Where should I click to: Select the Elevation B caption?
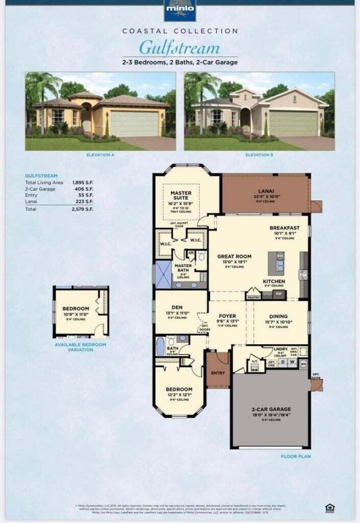pos(259,154)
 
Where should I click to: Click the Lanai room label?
pos(266,191)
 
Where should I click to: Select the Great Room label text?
pos(234,256)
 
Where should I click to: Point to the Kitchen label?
pos(274,281)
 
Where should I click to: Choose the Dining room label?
pos(279,317)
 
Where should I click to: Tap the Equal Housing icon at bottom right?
pos(330,508)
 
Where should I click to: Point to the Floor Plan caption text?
pos(296,457)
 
